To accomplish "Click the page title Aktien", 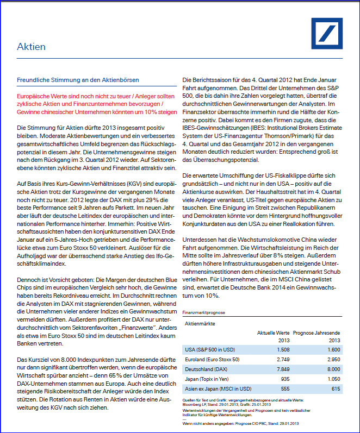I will (31, 47).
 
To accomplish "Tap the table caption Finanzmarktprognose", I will (204, 313).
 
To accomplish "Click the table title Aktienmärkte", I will (201, 324).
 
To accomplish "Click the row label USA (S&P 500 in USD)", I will (209, 349).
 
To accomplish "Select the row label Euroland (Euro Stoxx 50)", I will (212, 360).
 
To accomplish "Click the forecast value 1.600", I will (333, 349).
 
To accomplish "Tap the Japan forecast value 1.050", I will (333, 379).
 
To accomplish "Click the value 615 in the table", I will (336, 389).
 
